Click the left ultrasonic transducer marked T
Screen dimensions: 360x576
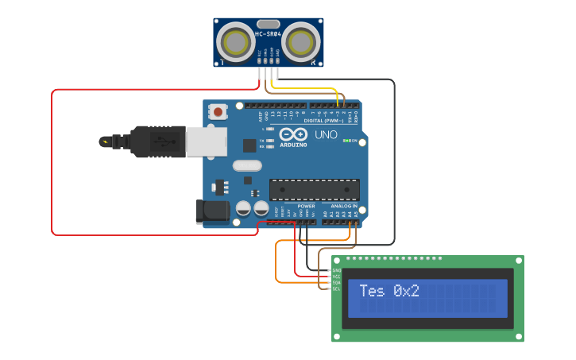coord(234,41)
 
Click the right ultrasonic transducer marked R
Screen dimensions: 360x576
coord(300,41)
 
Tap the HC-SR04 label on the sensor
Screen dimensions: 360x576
coord(268,34)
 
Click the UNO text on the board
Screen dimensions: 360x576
coord(327,135)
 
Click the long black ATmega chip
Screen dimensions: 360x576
coord(314,189)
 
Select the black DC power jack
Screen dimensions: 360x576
coord(212,211)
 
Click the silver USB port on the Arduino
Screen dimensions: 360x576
coord(206,141)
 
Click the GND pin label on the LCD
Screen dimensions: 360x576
coord(336,270)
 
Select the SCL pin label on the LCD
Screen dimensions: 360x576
coord(336,288)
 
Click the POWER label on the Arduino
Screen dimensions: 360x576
coord(306,206)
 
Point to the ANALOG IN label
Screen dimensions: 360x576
coord(344,206)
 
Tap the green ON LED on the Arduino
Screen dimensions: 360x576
coord(346,140)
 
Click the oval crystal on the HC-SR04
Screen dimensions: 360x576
coord(268,24)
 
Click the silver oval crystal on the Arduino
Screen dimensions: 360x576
coord(246,166)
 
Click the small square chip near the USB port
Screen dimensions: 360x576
coord(249,145)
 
